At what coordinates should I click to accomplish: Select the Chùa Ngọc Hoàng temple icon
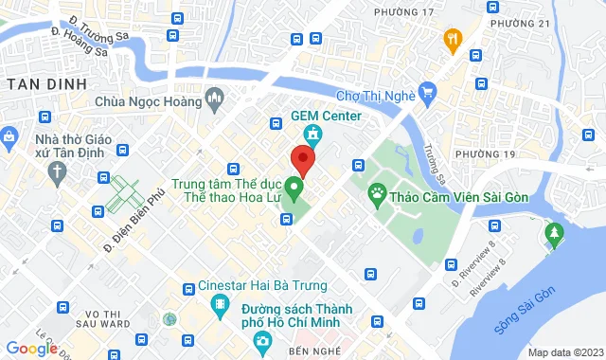coord(215,97)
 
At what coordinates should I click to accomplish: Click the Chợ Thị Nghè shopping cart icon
coord(427,92)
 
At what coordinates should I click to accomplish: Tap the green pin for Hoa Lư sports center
coord(294,186)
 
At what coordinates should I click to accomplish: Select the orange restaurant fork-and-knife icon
coord(453,40)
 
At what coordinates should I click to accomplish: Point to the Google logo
coord(31,349)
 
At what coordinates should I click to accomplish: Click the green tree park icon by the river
coord(553,232)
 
